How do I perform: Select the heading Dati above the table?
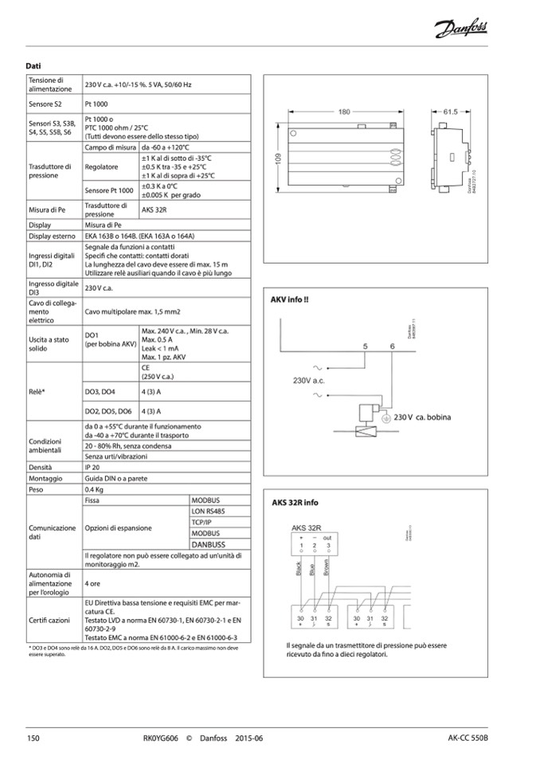coord(33,65)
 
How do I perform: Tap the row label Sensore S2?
coord(45,104)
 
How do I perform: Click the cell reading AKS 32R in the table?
coord(155,210)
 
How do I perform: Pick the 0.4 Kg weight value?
coord(95,489)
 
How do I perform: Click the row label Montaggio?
coord(45,479)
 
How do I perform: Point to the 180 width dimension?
coord(343,112)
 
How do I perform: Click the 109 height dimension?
coord(280,159)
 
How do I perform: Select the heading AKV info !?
coord(291,301)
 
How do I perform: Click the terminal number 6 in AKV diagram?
coord(393,347)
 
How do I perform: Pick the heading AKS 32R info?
coord(295,503)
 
